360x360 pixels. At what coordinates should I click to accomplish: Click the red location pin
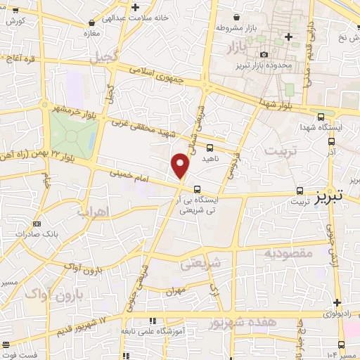click(x=181, y=166)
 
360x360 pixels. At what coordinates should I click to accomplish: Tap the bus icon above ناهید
click(x=210, y=148)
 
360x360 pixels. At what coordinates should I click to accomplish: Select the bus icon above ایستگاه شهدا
click(x=321, y=117)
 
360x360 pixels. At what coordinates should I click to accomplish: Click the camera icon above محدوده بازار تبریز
click(x=264, y=55)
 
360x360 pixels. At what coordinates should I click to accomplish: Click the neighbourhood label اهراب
click(x=91, y=210)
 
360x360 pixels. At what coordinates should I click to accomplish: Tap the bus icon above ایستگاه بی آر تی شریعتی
click(x=198, y=188)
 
